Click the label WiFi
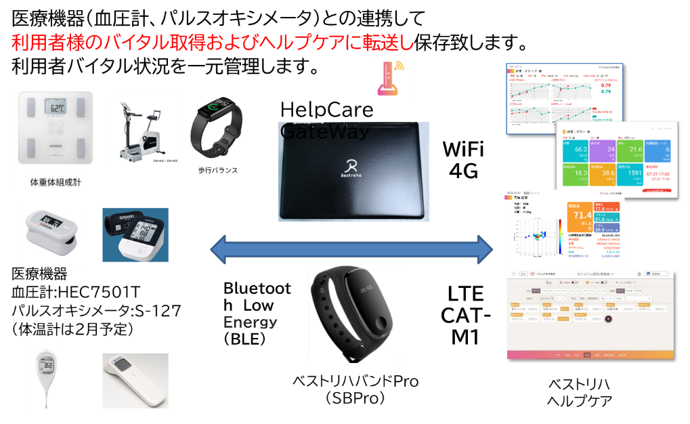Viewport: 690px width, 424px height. click(464, 148)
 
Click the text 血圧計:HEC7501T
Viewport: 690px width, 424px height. click(76, 293)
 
